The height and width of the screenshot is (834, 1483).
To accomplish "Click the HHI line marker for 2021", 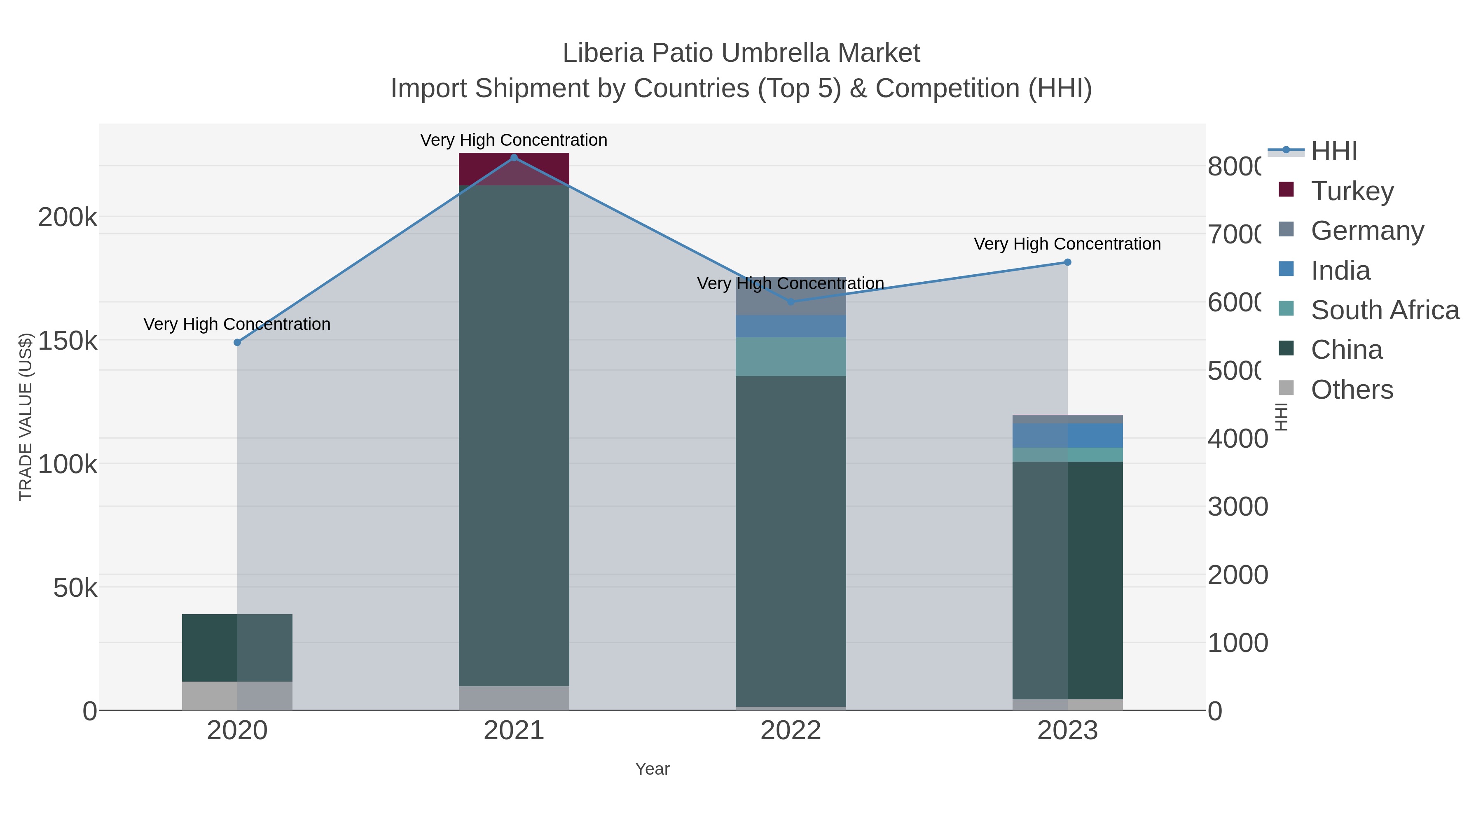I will tap(514, 158).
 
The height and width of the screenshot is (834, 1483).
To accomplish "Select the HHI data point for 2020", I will tap(237, 343).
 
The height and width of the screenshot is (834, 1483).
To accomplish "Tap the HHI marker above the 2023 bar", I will tap(1067, 262).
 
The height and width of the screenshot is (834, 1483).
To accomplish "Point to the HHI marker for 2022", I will tap(791, 301).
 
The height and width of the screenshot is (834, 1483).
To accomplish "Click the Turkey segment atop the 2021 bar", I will tap(514, 168).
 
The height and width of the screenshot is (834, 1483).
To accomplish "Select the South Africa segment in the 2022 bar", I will tap(791, 357).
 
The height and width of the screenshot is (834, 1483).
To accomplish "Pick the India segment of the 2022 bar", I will tap(791, 326).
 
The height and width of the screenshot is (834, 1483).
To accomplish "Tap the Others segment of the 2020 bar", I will tap(237, 696).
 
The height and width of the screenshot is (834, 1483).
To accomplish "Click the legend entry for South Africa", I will tap(1385, 310).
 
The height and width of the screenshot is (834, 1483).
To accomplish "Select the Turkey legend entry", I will tap(1352, 191).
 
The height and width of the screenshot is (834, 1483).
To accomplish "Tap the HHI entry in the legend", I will tap(1333, 152).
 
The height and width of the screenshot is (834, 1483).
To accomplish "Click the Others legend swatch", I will tap(1286, 388).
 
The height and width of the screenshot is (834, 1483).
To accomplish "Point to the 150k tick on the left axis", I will tap(68, 341).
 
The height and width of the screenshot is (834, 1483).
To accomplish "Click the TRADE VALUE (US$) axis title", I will tap(26, 417).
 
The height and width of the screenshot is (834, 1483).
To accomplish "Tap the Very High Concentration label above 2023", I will tap(1067, 244).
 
